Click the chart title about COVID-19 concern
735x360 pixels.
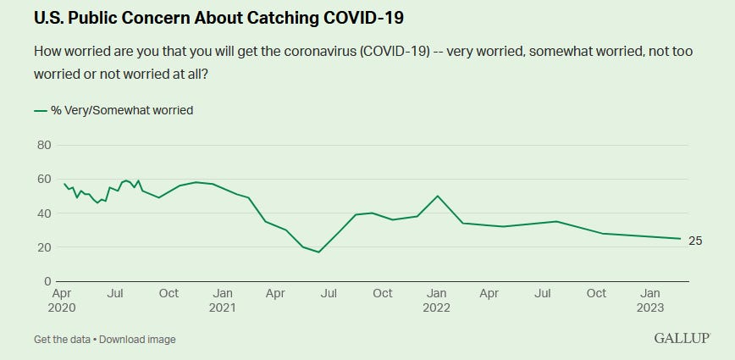click(219, 16)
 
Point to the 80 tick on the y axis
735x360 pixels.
click(44, 146)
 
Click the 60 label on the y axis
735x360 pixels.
click(44, 180)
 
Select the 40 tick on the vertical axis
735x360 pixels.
click(44, 213)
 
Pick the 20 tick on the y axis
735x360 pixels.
click(44, 247)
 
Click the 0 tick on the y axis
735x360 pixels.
click(47, 281)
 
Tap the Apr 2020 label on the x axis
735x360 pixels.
click(64, 301)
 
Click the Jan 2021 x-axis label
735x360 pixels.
click(223, 301)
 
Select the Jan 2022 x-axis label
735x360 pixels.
click(436, 301)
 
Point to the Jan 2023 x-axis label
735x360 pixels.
click(650, 301)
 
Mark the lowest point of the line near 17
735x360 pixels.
click(318, 252)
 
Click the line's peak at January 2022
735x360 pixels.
click(437, 196)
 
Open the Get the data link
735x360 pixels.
click(64, 340)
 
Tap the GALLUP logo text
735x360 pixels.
click(682, 339)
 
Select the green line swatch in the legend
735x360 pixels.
click(41, 109)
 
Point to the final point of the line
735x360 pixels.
click(681, 239)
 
